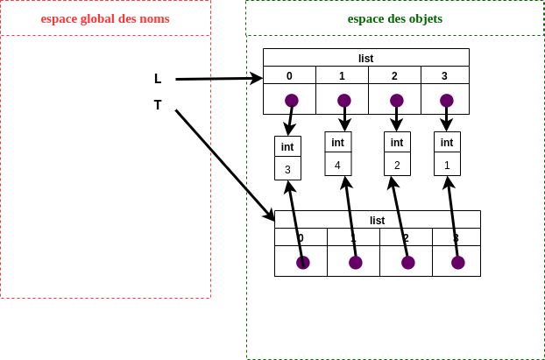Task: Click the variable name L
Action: [158, 79]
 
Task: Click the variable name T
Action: [158, 105]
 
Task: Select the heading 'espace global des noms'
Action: [105, 18]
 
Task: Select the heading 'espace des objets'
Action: [395, 18]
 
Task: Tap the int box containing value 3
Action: [287, 158]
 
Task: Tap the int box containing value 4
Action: [337, 153]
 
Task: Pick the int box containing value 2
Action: [397, 153]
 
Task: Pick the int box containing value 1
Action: [447, 153]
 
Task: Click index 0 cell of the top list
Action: [289, 75]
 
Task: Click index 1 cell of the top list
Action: [342, 75]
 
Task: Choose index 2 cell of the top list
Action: [394, 75]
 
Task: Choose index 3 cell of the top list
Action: [444, 75]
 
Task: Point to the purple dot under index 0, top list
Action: [292, 100]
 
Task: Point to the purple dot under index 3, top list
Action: [447, 100]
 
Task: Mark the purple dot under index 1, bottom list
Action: [355, 262]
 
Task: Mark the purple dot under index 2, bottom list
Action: [407, 262]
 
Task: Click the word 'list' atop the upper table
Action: [365, 58]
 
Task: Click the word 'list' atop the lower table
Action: [377, 220]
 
